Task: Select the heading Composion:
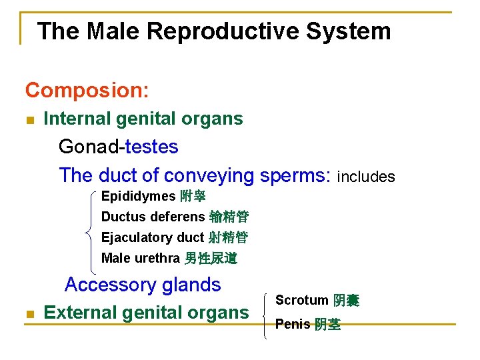pyautogui.click(x=87, y=89)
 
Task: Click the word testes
pyautogui.click(x=151, y=146)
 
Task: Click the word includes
pyautogui.click(x=366, y=177)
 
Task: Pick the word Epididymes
pyautogui.click(x=138, y=197)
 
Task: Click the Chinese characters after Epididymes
pyautogui.click(x=193, y=197)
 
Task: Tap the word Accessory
pyautogui.click(x=110, y=285)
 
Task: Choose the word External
pyautogui.click(x=81, y=312)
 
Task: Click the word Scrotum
pyautogui.click(x=301, y=301)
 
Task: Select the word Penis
pyautogui.click(x=293, y=325)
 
